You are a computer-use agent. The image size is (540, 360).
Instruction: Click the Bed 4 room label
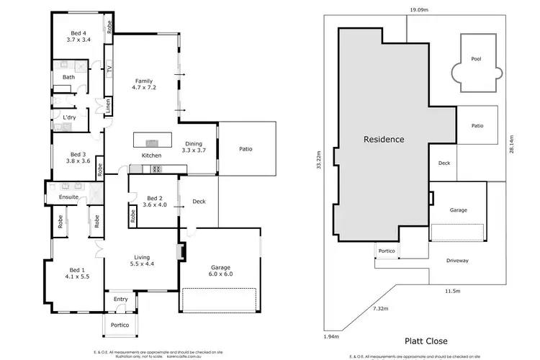78,37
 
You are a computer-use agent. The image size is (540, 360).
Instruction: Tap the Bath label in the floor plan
68,77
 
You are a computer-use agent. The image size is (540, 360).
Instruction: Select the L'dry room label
69,117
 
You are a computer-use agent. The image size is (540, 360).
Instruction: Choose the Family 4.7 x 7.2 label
144,84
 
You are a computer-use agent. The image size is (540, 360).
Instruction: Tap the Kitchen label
151,156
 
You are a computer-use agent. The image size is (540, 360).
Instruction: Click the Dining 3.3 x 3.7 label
194,147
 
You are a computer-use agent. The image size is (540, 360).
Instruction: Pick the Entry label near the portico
120,300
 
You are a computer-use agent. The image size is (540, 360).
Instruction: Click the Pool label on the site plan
475,59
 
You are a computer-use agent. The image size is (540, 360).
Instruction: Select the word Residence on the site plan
384,139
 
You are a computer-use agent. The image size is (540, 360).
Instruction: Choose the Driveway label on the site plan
457,260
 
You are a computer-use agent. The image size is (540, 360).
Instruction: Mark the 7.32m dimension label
381,307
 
